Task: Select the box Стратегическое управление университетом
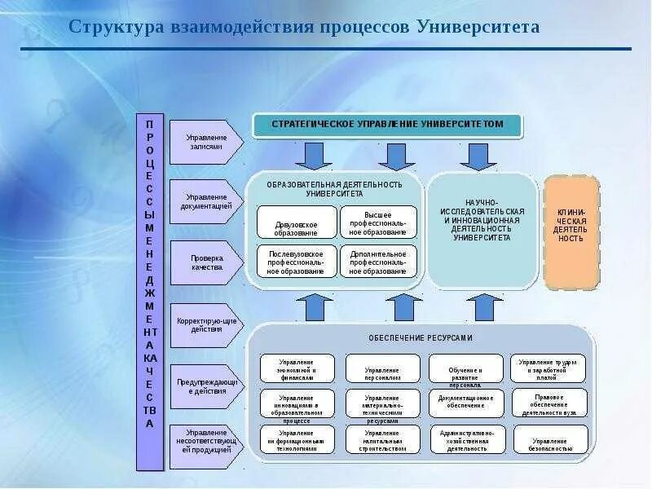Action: tap(387, 125)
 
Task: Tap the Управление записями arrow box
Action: tap(205, 143)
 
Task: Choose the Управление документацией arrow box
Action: tap(205, 201)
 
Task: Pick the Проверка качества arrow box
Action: tap(205, 262)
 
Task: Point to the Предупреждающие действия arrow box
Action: tap(205, 386)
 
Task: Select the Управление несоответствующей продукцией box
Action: tap(205, 445)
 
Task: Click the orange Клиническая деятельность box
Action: tap(571, 231)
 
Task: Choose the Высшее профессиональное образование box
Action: tap(378, 222)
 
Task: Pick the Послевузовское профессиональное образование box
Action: tap(297, 261)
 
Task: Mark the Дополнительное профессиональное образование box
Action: tap(378, 261)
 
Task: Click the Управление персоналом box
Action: tap(382, 368)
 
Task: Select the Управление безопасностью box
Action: tap(549, 440)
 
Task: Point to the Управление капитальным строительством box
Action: tap(382, 440)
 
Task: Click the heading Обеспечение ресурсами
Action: tap(420, 337)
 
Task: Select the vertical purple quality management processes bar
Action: tap(149, 292)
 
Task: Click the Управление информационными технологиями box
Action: tap(297, 440)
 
